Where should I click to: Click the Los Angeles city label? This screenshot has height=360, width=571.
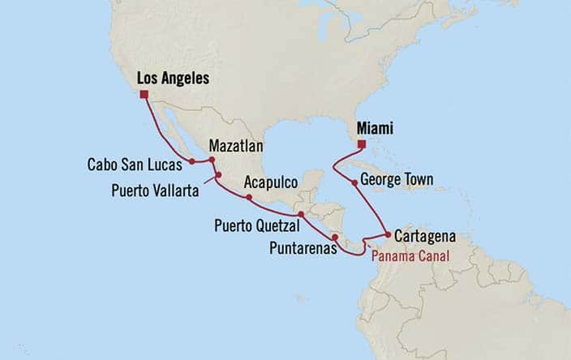pos(174,79)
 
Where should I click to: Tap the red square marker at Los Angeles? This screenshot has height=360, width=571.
pos(144,95)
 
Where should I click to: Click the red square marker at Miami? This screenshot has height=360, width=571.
pos(362,145)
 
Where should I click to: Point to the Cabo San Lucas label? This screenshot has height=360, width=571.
pos(135,164)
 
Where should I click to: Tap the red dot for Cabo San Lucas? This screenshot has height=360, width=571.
pos(192,161)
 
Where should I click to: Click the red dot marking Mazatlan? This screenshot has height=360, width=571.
pos(212,161)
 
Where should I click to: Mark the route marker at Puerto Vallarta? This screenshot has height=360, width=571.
pos(218,175)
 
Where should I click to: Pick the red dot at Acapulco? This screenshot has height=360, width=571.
pos(249,197)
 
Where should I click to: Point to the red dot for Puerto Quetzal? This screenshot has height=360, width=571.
pos(301,214)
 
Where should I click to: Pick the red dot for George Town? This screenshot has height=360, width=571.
pos(354,182)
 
